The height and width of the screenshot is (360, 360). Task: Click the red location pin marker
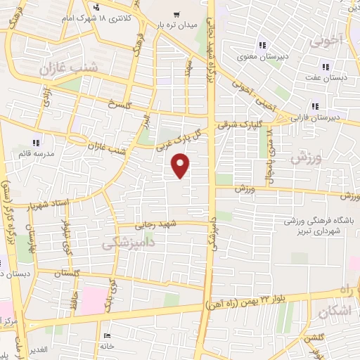tap(181, 166)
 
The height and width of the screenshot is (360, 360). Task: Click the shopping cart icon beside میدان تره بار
tap(174, 13)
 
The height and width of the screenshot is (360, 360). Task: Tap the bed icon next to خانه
tap(106, 335)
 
